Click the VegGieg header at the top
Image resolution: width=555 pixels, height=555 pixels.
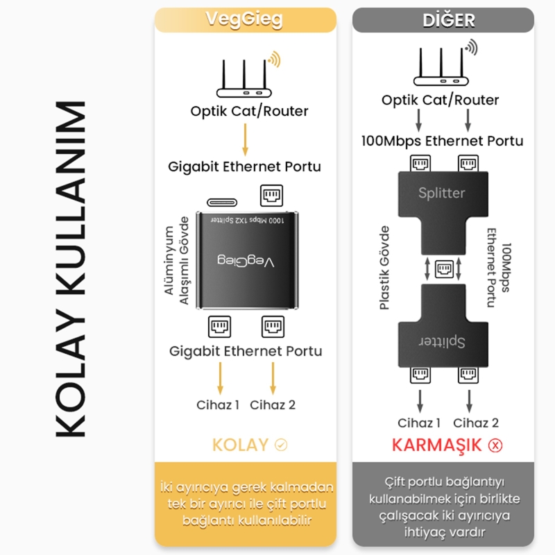point(245,20)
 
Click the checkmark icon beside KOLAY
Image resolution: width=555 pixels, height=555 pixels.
point(281,445)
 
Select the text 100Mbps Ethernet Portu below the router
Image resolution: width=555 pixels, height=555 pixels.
point(443,141)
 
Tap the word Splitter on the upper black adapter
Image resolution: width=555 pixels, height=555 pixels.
point(442,193)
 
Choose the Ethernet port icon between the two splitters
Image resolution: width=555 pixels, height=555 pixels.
point(442,268)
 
